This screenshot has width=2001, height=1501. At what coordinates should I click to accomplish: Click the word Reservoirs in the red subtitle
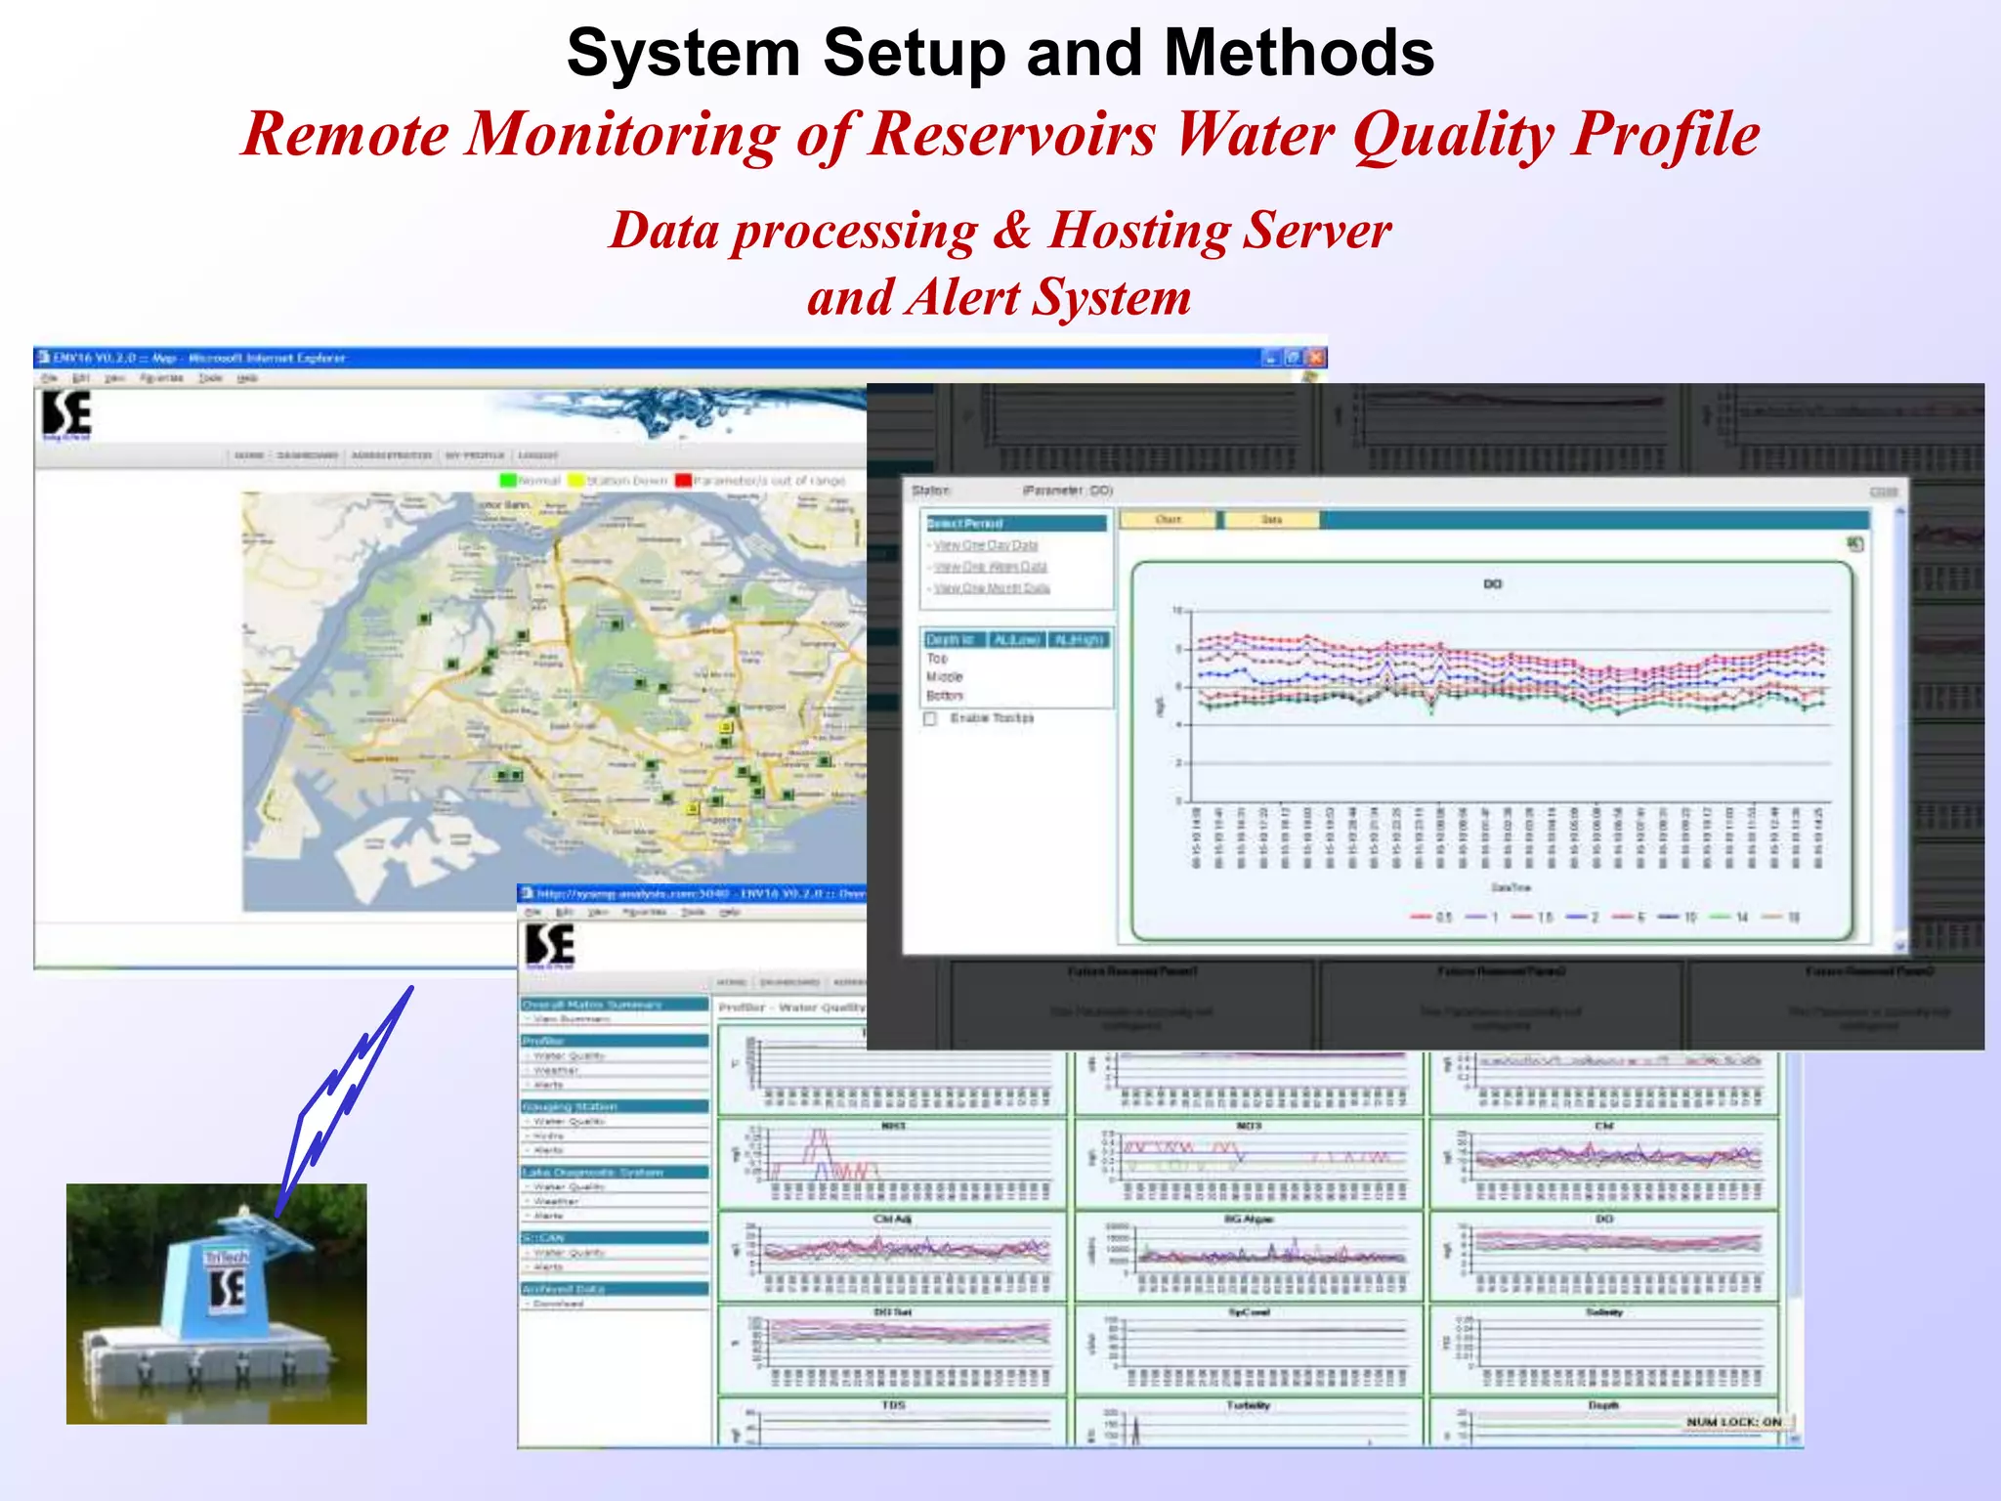[1012, 135]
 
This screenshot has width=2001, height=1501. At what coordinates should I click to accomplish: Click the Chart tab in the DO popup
[1168, 520]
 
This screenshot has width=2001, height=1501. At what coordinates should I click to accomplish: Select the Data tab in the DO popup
[1270, 520]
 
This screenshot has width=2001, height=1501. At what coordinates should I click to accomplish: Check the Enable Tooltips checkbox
[930, 718]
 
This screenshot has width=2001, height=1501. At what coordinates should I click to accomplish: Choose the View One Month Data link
[991, 588]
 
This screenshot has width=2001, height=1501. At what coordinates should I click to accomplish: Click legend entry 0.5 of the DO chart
[1433, 918]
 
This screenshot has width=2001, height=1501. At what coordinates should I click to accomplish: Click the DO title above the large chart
[1492, 584]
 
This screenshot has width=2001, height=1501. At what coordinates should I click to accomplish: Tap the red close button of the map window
[1315, 358]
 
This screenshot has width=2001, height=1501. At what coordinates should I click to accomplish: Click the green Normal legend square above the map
[507, 481]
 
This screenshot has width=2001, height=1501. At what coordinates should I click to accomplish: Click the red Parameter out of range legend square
[683, 481]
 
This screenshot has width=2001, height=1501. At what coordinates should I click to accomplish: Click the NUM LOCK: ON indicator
[1733, 1422]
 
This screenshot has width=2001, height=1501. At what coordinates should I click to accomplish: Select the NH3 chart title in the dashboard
[893, 1127]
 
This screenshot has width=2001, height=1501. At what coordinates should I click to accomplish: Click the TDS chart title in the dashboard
[893, 1405]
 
